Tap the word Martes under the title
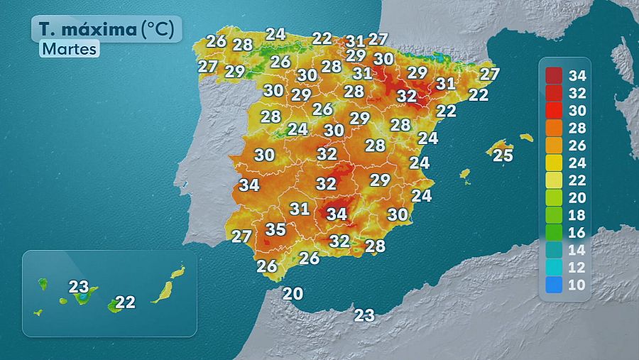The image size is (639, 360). coord(69,50)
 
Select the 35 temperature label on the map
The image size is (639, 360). coord(275,229)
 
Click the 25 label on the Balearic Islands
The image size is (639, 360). coord(503,155)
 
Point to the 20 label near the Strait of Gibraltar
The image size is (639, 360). coord(293,293)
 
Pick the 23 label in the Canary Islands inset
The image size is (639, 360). coord(80,287)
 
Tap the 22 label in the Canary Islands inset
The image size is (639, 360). coord(125,302)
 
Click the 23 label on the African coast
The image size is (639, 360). coord(364,315)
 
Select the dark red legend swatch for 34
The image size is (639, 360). coord(555,75)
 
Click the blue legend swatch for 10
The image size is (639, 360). coord(555,285)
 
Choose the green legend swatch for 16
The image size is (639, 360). coord(555,232)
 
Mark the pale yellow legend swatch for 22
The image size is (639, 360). coord(555,180)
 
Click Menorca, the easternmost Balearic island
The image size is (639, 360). coord(526,137)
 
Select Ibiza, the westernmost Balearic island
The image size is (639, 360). coord(465,173)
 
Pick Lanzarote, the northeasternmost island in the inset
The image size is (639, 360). coord(177,272)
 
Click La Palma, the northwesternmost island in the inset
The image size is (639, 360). coord(43,284)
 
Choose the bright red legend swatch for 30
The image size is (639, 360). coord(555,110)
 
